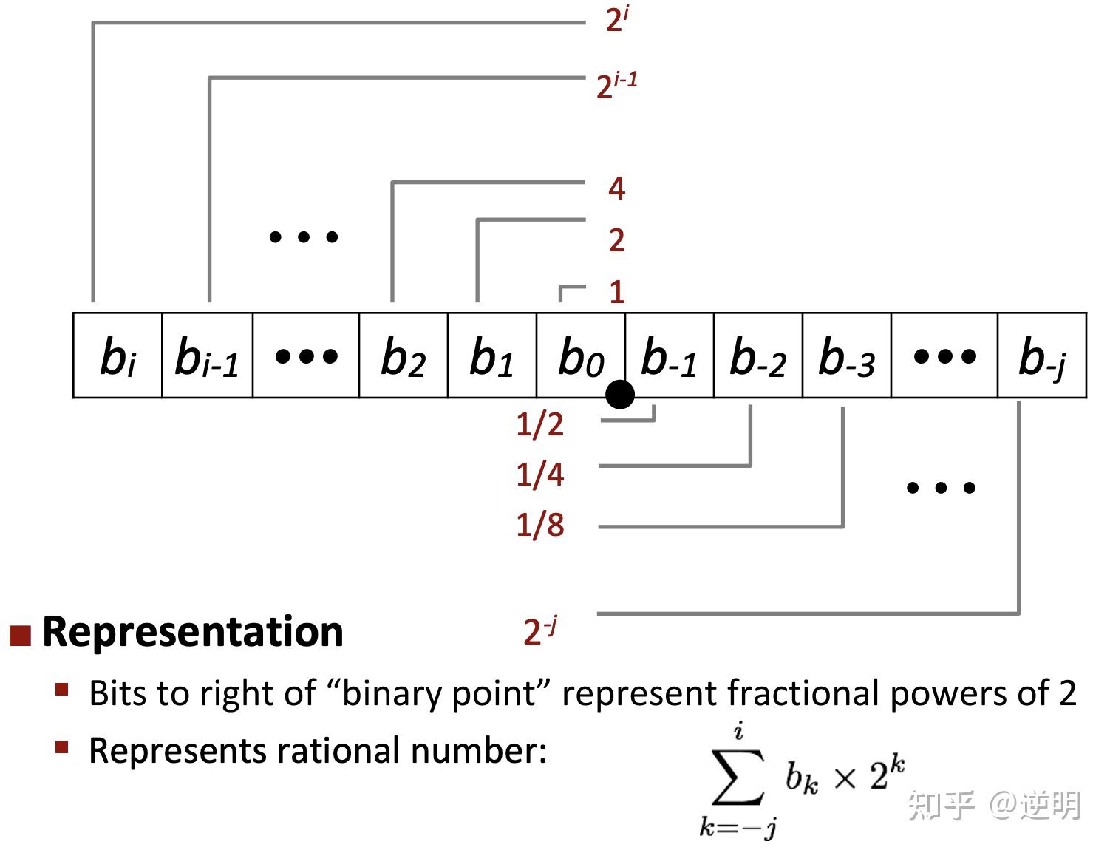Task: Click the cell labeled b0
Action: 580,356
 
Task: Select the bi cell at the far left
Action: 118,356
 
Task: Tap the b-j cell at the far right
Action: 1042,356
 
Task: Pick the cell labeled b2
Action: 403,356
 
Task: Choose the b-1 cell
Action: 669,356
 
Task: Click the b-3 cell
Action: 846,356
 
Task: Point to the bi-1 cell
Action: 207,356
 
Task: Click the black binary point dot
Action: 620,395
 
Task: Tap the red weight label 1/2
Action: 539,424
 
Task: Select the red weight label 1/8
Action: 539,525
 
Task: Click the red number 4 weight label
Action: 616,189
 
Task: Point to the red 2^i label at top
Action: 616,19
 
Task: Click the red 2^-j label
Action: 539,631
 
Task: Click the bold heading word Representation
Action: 193,632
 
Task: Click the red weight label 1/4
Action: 539,475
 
